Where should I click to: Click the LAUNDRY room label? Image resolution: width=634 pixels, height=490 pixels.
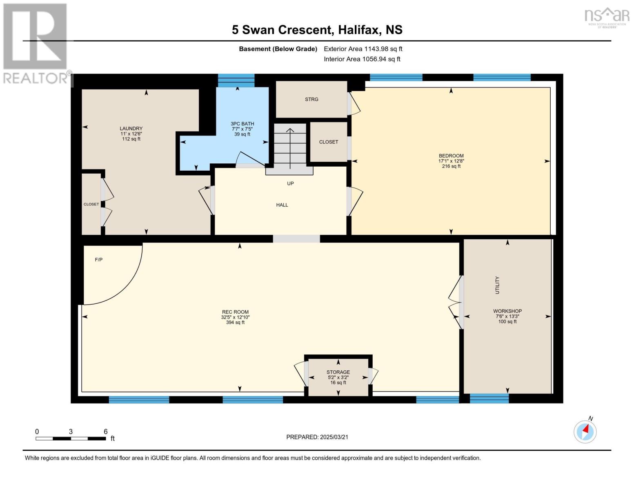click(x=131, y=128)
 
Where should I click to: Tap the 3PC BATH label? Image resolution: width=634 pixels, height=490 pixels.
click(x=242, y=124)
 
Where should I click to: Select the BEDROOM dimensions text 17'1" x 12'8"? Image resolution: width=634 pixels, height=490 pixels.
click(x=451, y=161)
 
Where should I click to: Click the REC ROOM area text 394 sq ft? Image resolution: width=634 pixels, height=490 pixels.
click(x=235, y=323)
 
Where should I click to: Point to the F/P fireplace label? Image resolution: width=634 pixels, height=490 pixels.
click(x=98, y=260)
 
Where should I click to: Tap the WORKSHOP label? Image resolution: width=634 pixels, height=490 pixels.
click(x=507, y=311)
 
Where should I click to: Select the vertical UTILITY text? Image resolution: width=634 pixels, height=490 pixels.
click(x=497, y=285)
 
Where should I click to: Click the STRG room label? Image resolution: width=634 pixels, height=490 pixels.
click(x=311, y=99)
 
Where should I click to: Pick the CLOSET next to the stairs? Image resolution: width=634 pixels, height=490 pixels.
click(x=329, y=142)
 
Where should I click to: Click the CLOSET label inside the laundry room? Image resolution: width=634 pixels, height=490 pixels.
click(x=91, y=204)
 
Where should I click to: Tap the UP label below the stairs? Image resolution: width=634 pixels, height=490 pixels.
click(x=290, y=183)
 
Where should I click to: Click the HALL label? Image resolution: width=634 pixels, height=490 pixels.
click(x=282, y=205)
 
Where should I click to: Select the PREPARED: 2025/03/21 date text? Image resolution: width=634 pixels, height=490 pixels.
click(x=317, y=437)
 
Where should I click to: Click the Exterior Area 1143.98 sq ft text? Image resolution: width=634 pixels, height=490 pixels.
click(x=363, y=49)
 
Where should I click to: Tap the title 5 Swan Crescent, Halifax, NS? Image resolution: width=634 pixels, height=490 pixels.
click(x=317, y=30)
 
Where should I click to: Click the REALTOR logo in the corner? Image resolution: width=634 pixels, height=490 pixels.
click(x=36, y=43)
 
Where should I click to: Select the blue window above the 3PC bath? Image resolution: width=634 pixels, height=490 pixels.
click(x=236, y=80)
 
